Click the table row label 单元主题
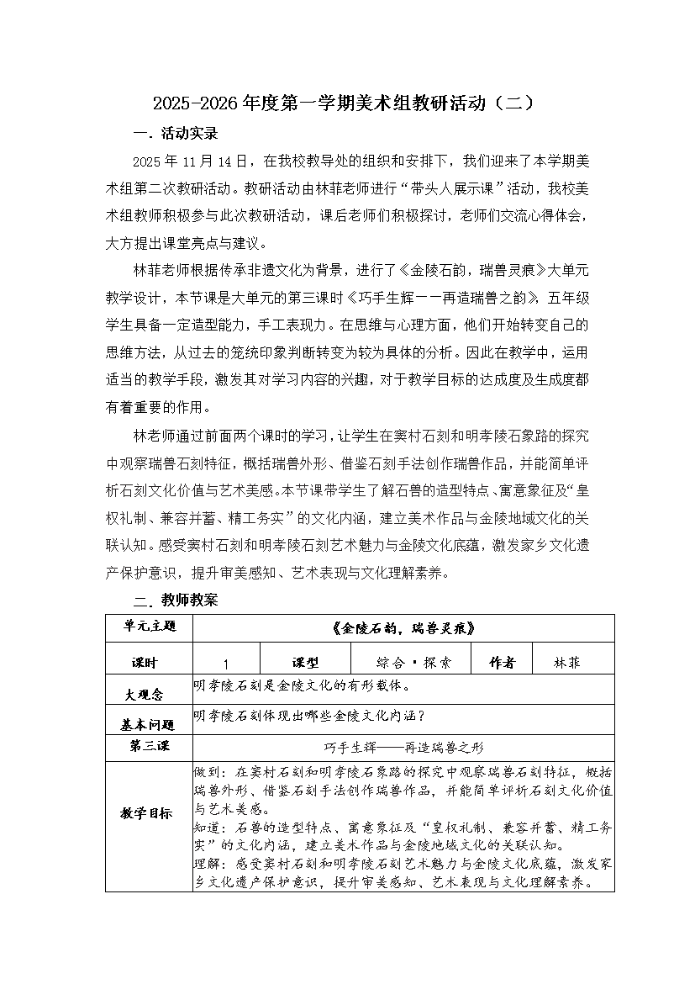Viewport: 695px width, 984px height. [149, 627]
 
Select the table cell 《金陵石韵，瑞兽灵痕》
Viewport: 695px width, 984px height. [403, 627]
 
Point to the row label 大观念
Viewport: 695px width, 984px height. [145, 694]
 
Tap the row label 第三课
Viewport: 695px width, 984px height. [149, 746]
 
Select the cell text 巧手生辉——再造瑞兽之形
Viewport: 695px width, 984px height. [403, 747]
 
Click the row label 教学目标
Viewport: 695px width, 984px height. [149, 813]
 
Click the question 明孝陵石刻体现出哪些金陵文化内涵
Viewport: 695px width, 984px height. [311, 717]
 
